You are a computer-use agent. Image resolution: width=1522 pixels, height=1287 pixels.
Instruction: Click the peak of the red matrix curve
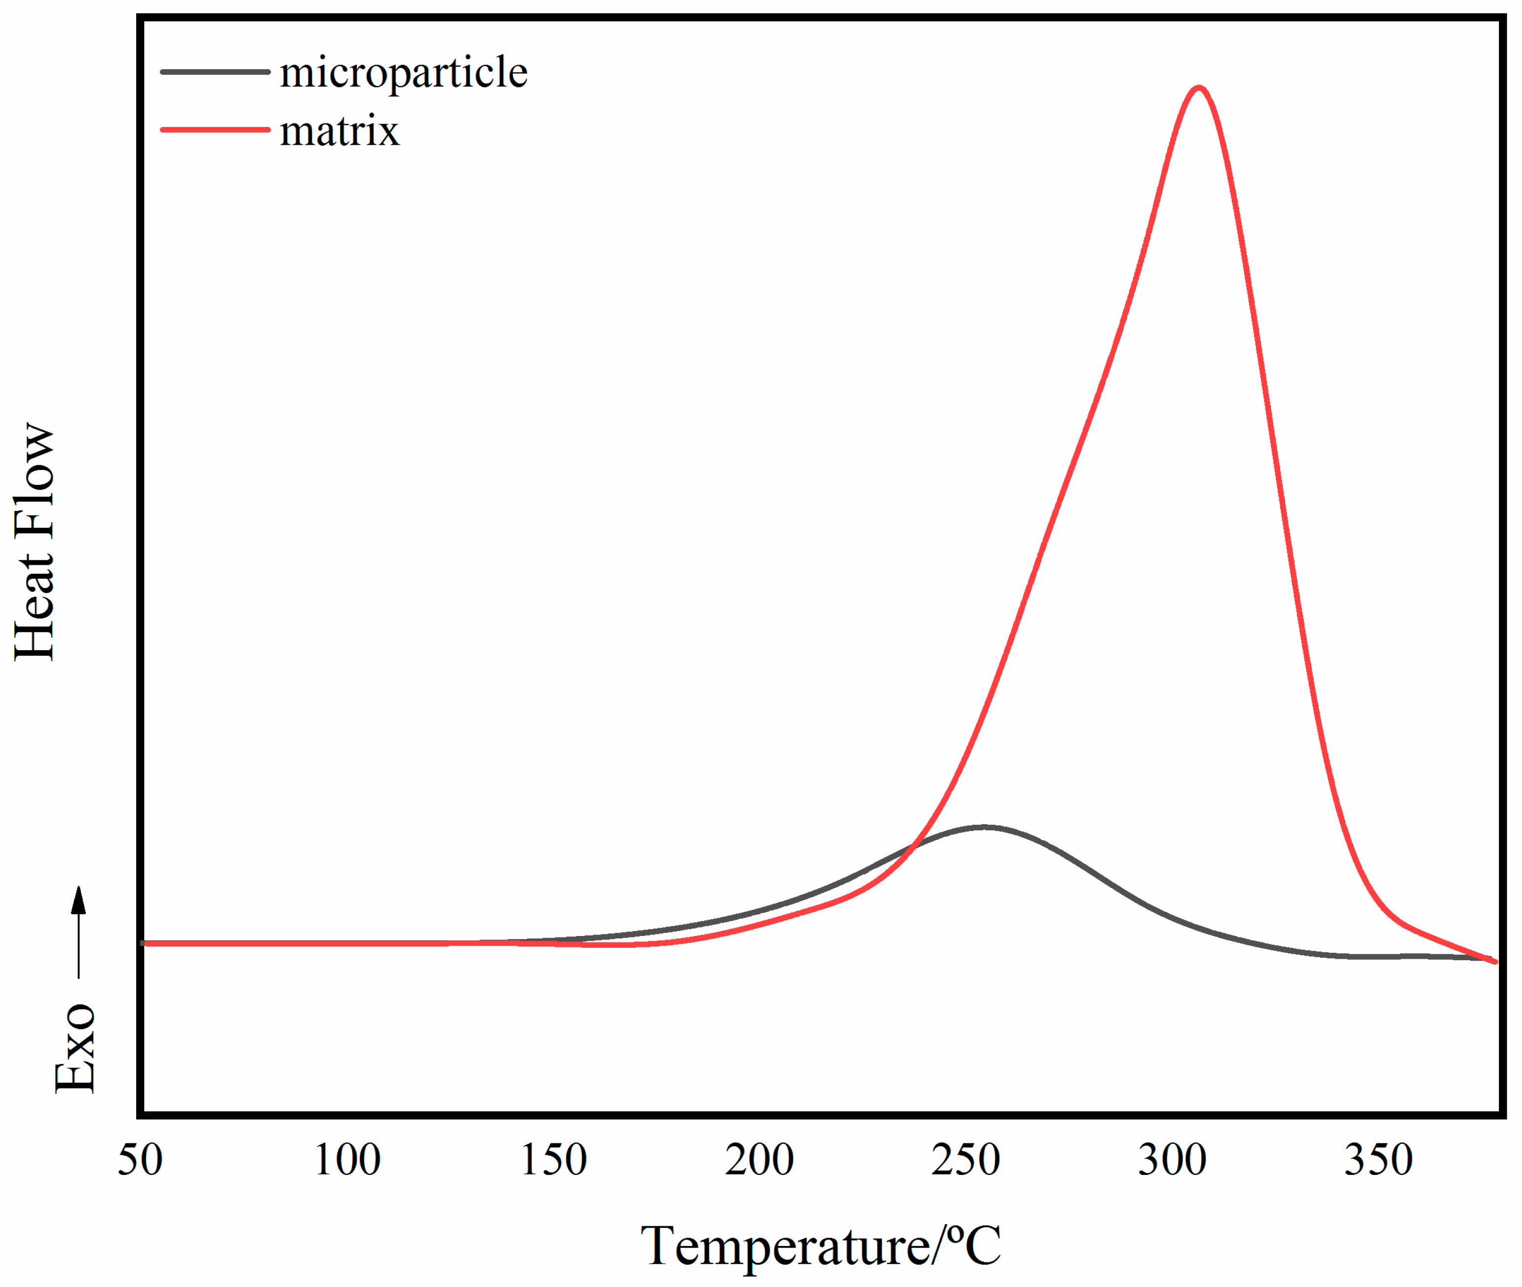pos(1198,89)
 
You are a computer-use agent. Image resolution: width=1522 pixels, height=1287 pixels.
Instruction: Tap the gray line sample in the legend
pos(215,72)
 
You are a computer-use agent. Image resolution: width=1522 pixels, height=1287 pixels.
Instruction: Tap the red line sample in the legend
pos(215,130)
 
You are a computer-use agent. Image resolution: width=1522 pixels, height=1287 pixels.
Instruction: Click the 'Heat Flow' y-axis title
pos(34,542)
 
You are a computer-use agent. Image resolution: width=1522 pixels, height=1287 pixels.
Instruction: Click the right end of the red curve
pos(1495,962)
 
